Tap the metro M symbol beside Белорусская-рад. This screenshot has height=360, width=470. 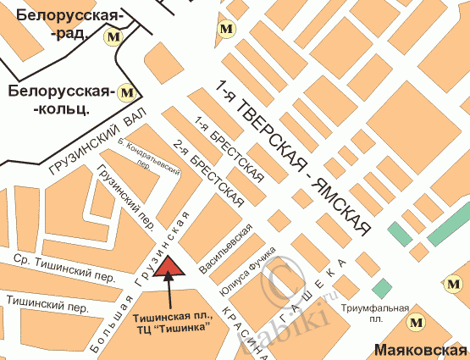click(x=112, y=37)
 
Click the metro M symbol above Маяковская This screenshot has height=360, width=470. click(x=416, y=322)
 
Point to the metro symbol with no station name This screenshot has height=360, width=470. click(x=225, y=28)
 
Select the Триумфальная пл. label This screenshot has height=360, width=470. click(x=376, y=313)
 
